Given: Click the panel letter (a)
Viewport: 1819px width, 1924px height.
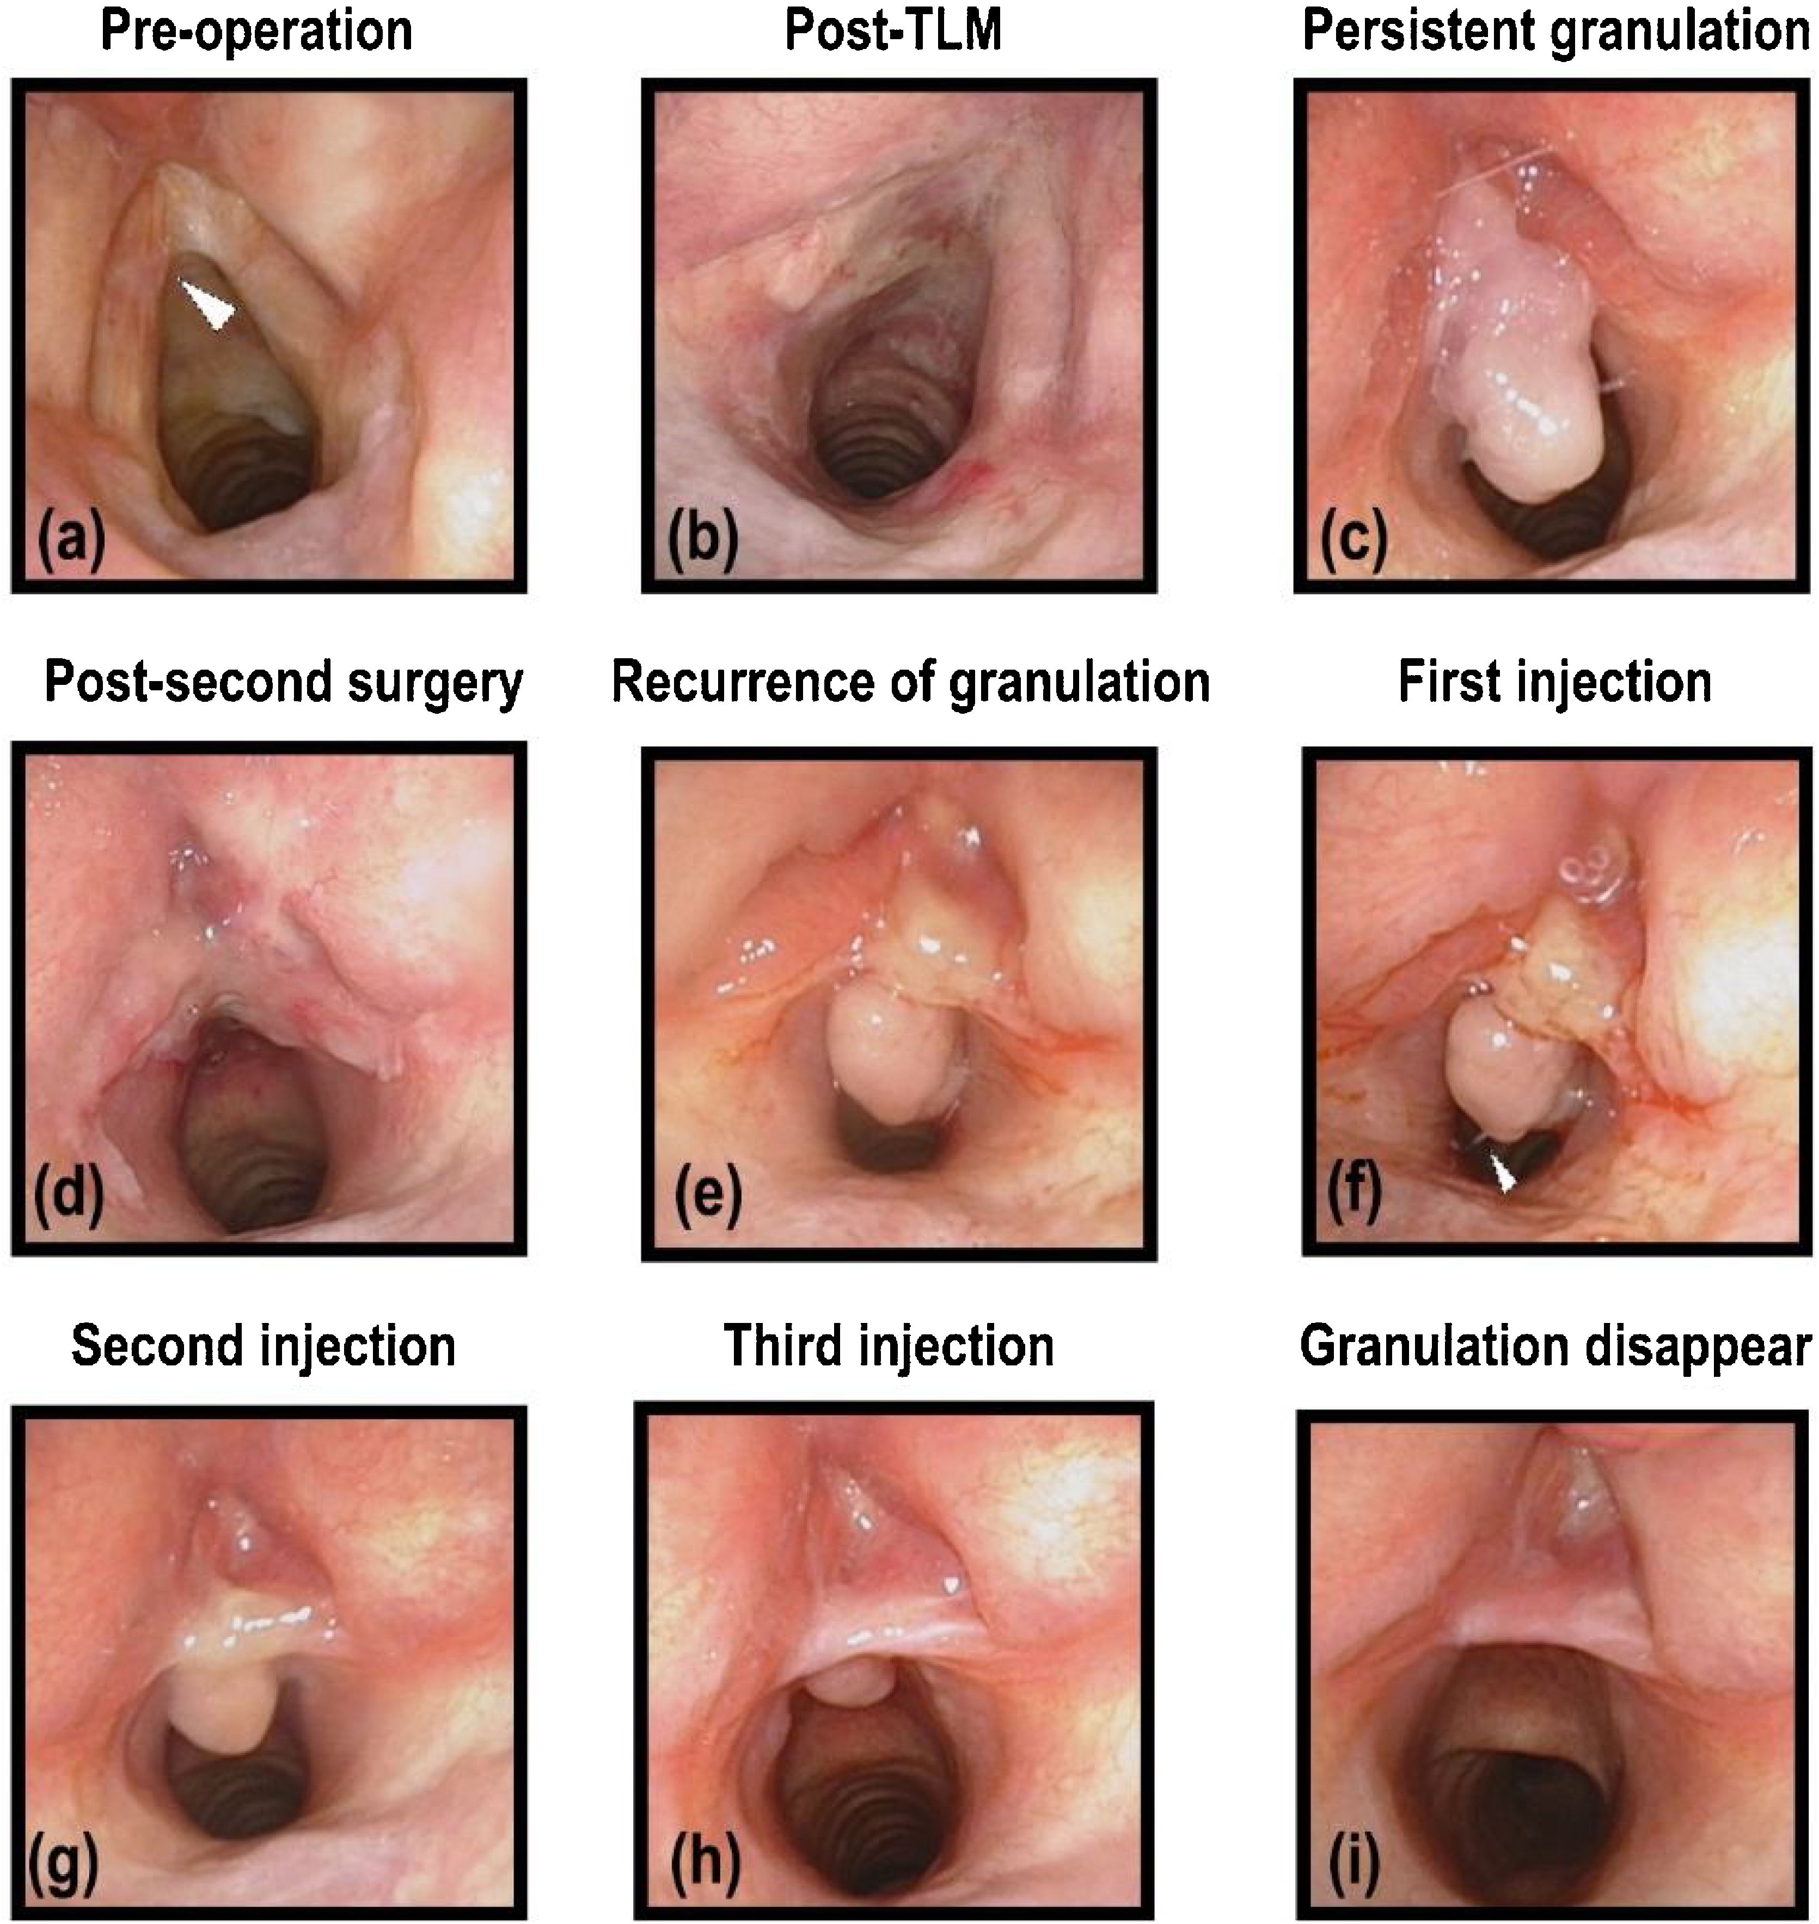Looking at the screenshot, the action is (x=71, y=538).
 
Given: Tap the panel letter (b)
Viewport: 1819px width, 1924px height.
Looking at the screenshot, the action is (x=702, y=539).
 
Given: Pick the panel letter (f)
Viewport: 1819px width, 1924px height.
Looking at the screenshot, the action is (x=1353, y=1199).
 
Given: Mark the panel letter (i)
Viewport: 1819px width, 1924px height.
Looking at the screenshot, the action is (x=1351, y=1864).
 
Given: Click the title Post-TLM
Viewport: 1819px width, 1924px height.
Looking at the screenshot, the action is (x=893, y=31).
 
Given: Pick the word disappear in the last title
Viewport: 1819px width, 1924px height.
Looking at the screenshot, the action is (x=1716, y=1348).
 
